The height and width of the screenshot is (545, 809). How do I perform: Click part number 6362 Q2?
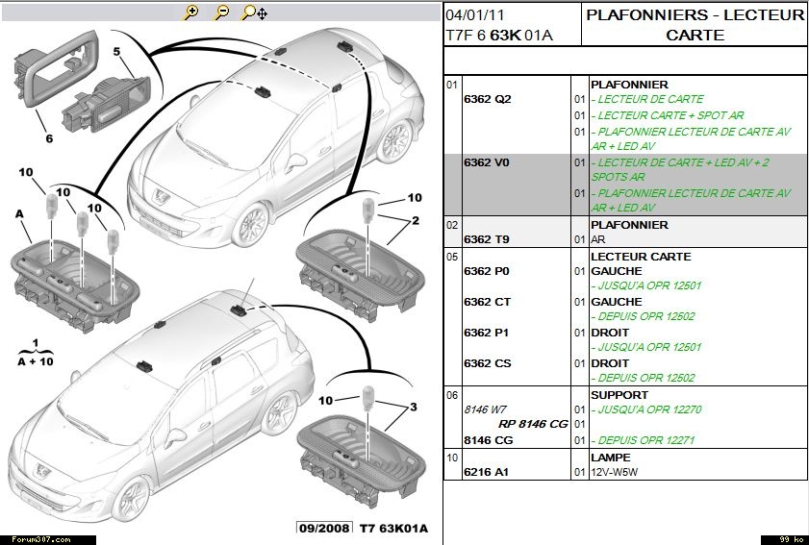click(487, 99)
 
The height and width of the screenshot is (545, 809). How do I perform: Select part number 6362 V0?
click(487, 162)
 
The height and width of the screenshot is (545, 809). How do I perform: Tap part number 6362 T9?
click(487, 239)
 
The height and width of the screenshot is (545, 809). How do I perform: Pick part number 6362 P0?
click(487, 271)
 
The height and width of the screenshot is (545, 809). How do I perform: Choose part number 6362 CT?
click(487, 302)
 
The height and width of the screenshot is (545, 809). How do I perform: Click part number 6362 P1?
click(487, 333)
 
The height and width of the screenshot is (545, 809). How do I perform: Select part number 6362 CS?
click(487, 363)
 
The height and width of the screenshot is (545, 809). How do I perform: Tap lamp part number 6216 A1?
click(487, 472)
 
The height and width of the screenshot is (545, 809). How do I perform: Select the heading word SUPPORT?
click(619, 395)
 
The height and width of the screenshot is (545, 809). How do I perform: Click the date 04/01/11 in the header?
click(475, 16)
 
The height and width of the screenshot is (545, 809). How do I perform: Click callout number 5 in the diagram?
click(115, 51)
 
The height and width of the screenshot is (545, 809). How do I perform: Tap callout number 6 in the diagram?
click(47, 137)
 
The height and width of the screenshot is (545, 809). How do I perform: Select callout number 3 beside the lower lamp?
click(413, 407)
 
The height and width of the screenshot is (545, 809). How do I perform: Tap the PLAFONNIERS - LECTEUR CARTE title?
click(695, 25)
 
